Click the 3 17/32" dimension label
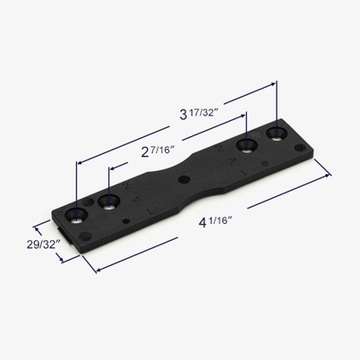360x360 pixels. click(x=199, y=114)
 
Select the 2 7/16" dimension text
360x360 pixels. click(x=158, y=152)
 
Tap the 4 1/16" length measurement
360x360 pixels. click(x=215, y=222)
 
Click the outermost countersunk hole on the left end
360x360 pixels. click(x=76, y=216)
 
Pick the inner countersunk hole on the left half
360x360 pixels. click(x=109, y=202)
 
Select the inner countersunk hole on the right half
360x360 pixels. click(x=247, y=145)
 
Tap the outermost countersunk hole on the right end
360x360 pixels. click(x=277, y=134)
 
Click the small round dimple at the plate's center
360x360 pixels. click(x=184, y=179)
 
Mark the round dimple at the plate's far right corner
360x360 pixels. click(x=300, y=148)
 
